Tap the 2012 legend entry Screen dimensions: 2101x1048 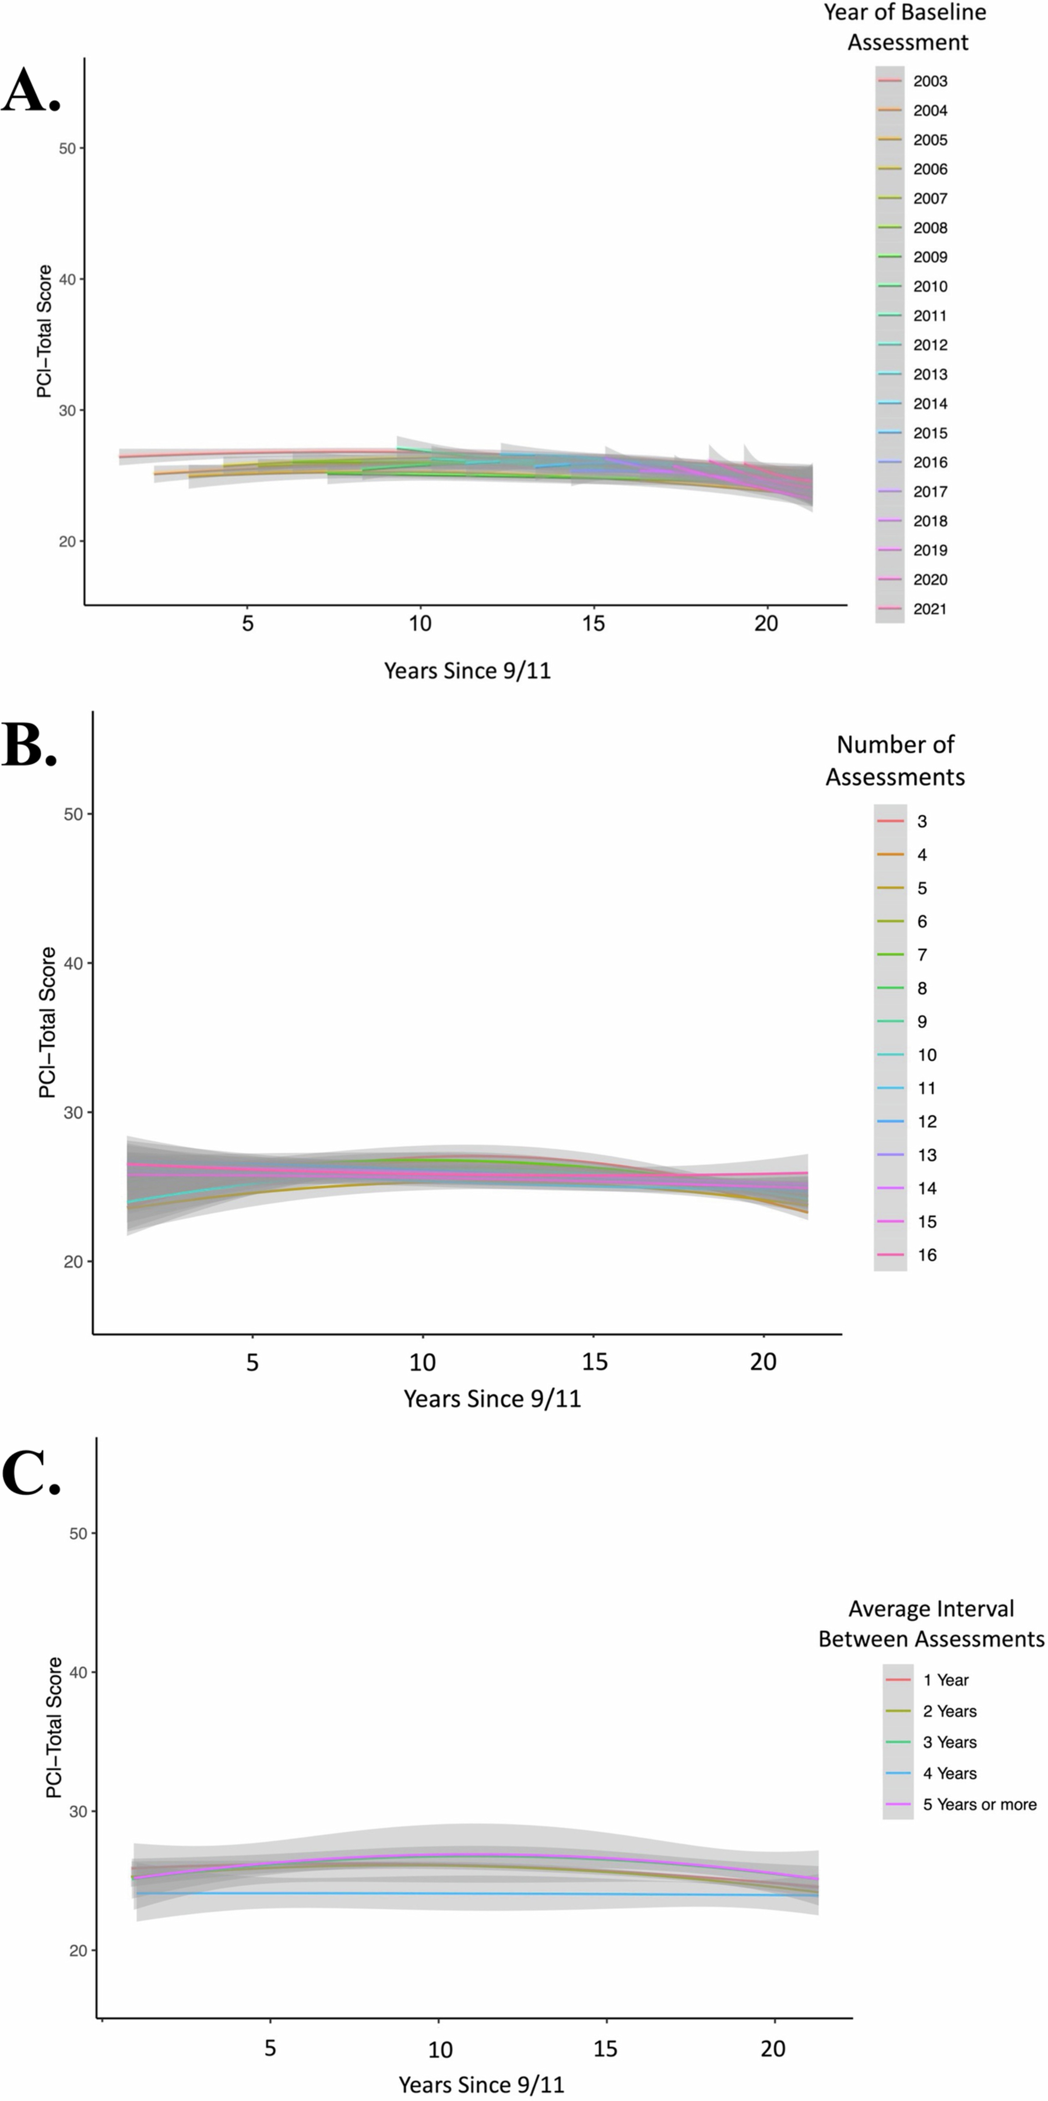click(930, 345)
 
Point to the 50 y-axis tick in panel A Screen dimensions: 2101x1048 click(67, 149)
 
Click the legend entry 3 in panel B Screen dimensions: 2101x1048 click(922, 821)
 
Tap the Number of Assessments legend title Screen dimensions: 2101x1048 click(895, 760)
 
